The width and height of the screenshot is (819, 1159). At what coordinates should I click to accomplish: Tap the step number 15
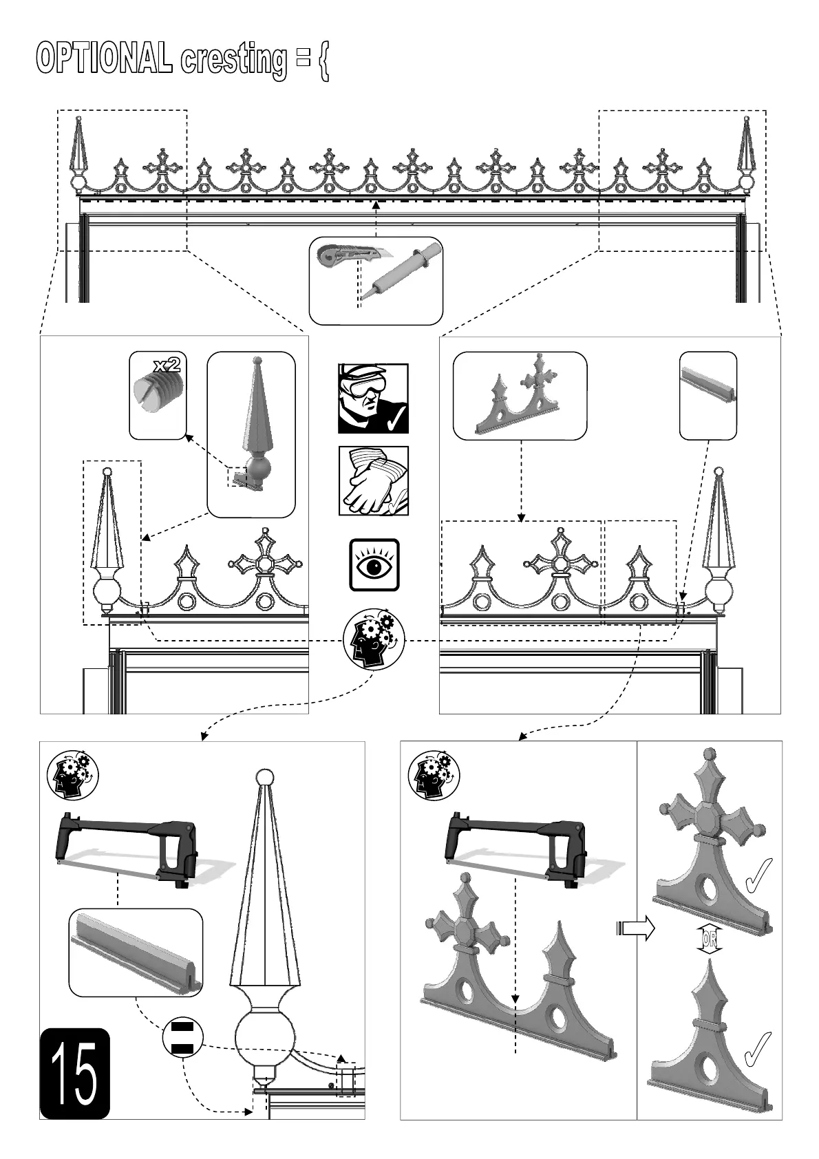point(74,1073)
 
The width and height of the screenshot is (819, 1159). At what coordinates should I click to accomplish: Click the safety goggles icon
point(373,398)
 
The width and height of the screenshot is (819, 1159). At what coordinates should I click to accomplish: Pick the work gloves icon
point(373,480)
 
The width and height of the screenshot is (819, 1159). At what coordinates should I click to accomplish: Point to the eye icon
point(374,565)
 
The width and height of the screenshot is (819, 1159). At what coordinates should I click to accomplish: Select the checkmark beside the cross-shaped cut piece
point(758,874)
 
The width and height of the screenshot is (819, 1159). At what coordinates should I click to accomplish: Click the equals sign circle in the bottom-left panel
point(183,1039)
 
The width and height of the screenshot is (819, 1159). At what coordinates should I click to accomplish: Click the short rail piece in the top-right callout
point(708,385)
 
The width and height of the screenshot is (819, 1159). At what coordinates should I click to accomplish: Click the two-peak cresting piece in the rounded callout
point(520,399)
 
